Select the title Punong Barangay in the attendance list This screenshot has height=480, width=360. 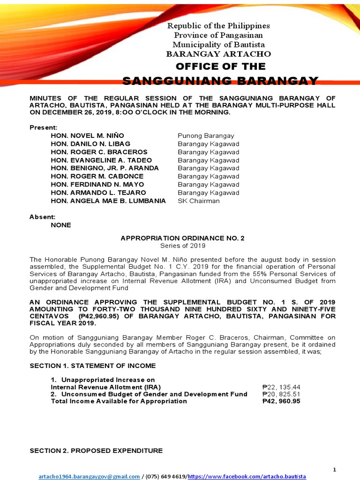click(x=206, y=136)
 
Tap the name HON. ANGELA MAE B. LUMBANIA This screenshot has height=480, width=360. click(x=108, y=201)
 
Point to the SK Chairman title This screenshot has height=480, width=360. click(x=198, y=201)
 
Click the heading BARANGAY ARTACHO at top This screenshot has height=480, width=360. click(x=218, y=54)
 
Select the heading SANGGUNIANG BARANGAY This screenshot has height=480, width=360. click(x=220, y=81)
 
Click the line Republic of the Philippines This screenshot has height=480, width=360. click(x=218, y=26)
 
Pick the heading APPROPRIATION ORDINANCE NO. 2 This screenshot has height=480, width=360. click(x=183, y=238)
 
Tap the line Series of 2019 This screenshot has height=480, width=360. click(x=183, y=246)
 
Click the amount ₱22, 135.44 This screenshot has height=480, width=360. click(x=281, y=387)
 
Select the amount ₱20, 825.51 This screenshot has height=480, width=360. click(x=281, y=394)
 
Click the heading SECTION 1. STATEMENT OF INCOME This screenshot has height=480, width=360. click(x=93, y=366)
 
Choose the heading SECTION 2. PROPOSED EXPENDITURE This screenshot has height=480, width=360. click(x=96, y=450)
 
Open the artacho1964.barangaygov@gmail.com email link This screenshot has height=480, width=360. click(x=89, y=476)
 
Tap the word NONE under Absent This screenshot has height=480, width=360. click(x=61, y=225)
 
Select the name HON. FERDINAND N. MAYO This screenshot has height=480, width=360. click(x=98, y=185)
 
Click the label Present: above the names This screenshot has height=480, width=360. click(x=44, y=127)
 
